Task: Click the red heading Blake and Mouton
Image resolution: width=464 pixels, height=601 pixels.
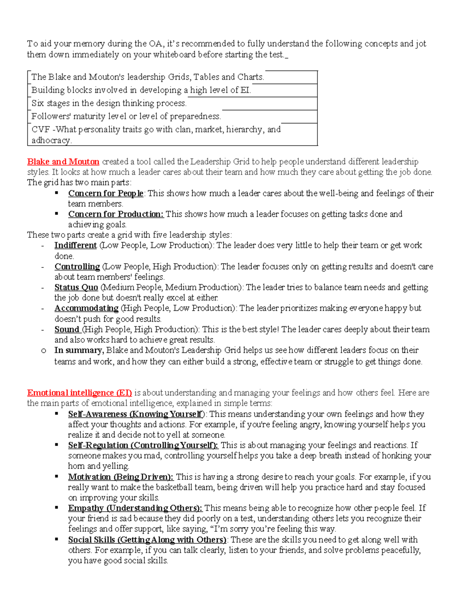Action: [x=63, y=162]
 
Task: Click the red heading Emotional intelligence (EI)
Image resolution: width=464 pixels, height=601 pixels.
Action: [x=79, y=393]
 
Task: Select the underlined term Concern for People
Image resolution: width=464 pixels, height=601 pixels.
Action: [x=106, y=193]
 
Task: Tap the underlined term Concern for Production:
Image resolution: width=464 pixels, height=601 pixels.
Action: [x=116, y=214]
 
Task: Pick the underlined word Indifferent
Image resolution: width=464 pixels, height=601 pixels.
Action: [x=75, y=245]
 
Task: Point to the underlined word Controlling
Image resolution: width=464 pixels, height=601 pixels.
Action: [x=77, y=267]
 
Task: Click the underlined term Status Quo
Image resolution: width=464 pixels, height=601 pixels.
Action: [x=76, y=288]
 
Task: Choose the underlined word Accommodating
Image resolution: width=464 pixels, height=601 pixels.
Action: [x=86, y=308]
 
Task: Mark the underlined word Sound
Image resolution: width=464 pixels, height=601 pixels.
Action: [x=67, y=329]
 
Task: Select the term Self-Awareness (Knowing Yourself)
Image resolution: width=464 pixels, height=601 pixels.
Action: [x=135, y=414]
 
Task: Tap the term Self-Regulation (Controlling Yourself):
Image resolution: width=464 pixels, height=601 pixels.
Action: [x=143, y=445]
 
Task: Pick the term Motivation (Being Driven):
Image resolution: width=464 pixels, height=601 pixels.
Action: [x=121, y=477]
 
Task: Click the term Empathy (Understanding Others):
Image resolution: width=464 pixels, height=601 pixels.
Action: [x=135, y=508]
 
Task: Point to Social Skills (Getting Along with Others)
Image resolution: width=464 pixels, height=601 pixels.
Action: [x=147, y=540]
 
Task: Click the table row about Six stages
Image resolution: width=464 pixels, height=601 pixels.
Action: [x=109, y=103]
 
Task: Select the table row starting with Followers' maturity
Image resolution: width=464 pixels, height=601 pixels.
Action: [x=126, y=116]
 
